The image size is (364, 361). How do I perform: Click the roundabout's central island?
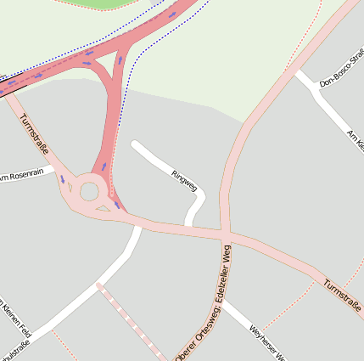[x=89, y=191]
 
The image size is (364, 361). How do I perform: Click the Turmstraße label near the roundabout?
[x=34, y=135]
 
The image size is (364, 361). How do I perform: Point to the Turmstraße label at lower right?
[x=342, y=296]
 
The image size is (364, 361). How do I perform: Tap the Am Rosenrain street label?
[x=20, y=175]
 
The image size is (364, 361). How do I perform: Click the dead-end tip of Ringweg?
[x=134, y=144]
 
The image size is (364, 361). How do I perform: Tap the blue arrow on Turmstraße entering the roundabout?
[x=62, y=179]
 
